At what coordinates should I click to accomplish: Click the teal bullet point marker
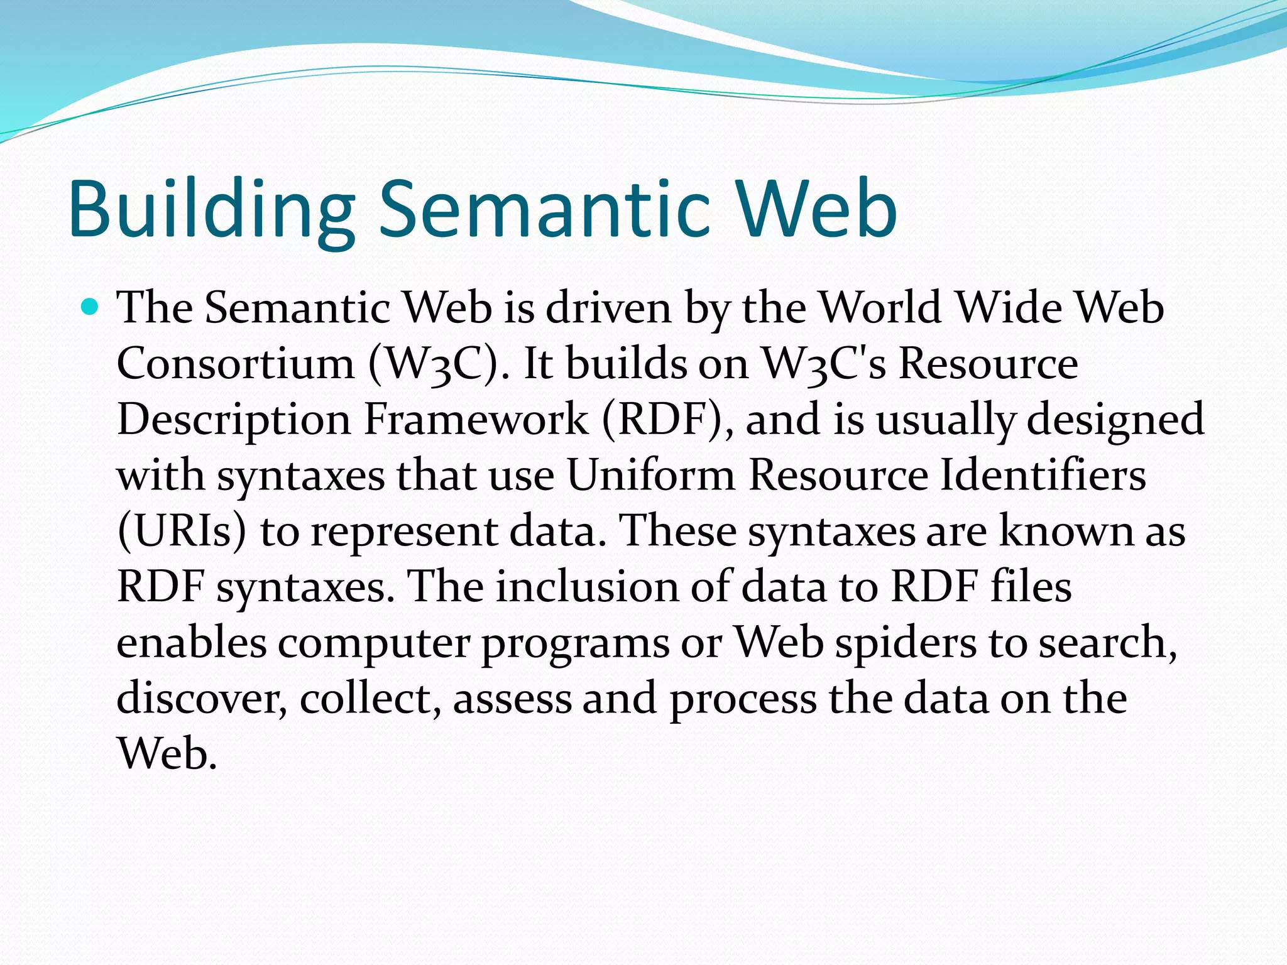click(x=90, y=307)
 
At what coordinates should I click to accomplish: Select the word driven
click(x=608, y=308)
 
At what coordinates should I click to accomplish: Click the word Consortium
click(x=236, y=364)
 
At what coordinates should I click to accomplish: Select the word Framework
click(x=476, y=420)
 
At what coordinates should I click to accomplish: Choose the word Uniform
click(x=651, y=475)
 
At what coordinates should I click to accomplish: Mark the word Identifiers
click(x=1043, y=475)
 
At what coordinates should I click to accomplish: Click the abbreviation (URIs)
click(x=182, y=532)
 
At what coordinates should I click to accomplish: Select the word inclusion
click(x=588, y=587)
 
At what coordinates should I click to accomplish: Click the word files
click(x=1031, y=587)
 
